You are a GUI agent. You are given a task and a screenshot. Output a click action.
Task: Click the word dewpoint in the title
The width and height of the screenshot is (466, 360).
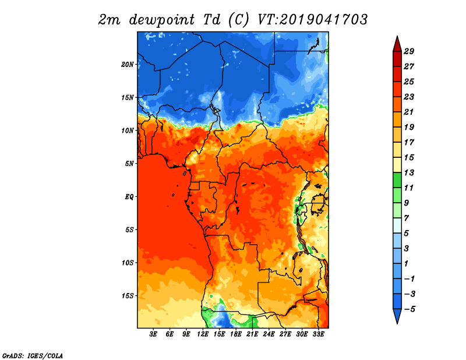point(162,20)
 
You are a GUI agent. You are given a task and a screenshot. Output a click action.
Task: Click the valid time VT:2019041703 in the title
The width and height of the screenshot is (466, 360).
point(312,19)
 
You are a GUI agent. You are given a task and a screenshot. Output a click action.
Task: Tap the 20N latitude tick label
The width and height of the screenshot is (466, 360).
point(128,64)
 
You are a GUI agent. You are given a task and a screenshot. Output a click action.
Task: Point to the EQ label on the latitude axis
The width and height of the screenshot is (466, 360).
point(129,196)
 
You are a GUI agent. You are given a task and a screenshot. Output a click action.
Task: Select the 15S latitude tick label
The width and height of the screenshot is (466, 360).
point(128,296)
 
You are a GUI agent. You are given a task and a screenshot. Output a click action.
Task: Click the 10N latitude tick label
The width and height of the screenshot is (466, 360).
point(128,130)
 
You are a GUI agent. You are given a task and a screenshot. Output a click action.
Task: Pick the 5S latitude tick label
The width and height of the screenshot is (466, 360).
point(129,230)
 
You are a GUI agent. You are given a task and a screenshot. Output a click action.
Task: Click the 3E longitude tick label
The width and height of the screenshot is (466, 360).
point(153,334)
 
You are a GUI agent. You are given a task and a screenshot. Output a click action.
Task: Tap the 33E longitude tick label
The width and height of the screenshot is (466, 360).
point(318,334)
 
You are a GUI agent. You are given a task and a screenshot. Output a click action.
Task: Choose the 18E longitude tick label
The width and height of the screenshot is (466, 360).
point(236,334)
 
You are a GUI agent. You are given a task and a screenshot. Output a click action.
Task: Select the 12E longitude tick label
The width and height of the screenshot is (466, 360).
point(203,334)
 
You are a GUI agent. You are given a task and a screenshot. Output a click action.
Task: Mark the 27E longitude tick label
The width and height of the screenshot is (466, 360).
point(285,334)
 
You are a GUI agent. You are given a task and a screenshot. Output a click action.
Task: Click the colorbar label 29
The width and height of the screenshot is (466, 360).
point(409,51)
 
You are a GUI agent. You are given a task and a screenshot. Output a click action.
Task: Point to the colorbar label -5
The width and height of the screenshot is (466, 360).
point(409,309)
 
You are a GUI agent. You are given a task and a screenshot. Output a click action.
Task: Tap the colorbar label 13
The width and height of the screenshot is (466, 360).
point(409,172)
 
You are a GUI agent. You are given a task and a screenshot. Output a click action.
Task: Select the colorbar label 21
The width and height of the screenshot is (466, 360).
point(409,112)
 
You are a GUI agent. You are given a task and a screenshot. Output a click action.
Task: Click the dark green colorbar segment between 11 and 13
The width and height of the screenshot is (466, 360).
point(397,180)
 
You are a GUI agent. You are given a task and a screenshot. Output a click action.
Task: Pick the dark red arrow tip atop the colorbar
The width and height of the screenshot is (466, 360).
point(397,36)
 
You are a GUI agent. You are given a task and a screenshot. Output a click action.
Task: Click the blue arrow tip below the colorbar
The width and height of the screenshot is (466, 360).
point(397,323)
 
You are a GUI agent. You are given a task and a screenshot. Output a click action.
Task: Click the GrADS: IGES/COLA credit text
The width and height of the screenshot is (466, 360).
point(33,355)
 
